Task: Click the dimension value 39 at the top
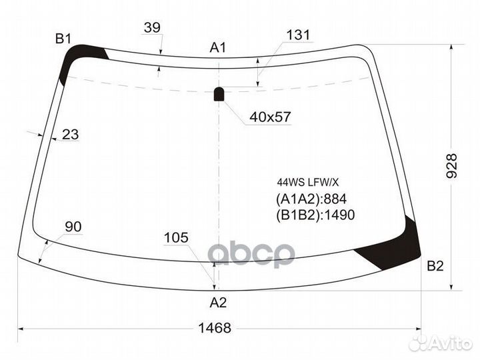pos(152,27)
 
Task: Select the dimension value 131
pos(298,36)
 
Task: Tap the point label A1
pos(218,47)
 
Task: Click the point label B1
pos(63,39)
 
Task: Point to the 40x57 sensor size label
pos(270,117)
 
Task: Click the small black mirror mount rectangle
pos(219,94)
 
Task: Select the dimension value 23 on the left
pos(70,135)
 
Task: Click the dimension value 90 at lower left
pos(73,227)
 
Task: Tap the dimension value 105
pos(176,238)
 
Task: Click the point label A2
pos(218,303)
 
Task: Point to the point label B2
pos(435,267)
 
